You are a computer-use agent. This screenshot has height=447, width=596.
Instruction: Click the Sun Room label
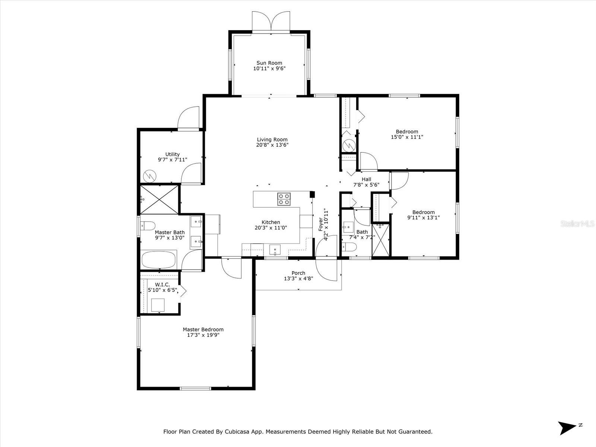269,63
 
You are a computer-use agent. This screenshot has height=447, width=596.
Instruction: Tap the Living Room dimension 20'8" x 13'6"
272,145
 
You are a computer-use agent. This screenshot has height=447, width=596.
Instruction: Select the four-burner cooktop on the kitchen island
284,199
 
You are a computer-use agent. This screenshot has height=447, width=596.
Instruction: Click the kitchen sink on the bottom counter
275,250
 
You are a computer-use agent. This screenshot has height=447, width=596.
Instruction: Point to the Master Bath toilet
148,226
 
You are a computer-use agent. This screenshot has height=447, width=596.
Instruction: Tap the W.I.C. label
162,285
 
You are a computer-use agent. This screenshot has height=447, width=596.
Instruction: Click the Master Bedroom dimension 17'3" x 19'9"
203,335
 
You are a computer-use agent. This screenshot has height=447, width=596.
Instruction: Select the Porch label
298,273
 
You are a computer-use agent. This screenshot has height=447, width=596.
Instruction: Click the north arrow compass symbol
568,428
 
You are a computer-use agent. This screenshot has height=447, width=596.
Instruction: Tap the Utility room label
172,154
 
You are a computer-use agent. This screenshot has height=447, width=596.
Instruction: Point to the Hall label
366,179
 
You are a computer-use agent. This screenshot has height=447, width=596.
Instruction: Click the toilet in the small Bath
349,247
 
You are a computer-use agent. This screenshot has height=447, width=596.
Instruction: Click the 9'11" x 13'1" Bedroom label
423,212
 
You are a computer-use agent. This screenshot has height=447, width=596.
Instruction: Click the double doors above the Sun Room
271,22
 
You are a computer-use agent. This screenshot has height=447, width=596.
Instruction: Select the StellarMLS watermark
577,224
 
